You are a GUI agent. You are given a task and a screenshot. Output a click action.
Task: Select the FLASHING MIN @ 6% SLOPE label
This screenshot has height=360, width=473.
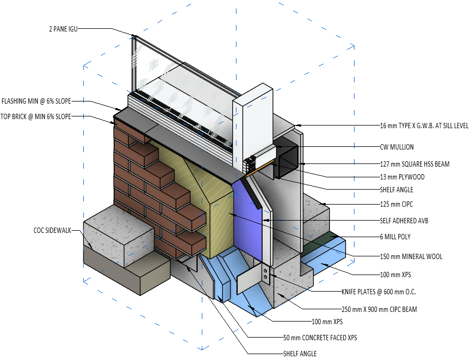36,100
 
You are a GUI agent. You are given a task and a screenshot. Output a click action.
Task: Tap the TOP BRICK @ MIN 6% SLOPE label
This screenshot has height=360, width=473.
36,116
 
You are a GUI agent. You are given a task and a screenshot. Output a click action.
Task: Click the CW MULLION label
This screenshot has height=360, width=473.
397,147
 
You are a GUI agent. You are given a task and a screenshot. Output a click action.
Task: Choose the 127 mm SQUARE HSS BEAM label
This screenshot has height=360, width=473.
414,164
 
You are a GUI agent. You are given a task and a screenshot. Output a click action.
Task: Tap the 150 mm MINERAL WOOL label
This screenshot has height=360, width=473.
411,256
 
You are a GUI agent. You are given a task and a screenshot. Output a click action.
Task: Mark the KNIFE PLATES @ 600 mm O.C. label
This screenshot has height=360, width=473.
379,292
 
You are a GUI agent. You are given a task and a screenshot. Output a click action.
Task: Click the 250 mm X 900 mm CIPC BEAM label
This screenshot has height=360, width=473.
379,309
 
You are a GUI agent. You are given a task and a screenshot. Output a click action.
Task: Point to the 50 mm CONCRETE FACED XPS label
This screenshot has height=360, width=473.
320,337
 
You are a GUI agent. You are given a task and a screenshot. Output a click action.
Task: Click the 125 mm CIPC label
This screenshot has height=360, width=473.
397,203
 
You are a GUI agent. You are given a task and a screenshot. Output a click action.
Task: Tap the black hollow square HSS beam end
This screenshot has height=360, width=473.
286,161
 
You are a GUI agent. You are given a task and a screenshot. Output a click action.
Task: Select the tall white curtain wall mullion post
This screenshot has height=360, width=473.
253,123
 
